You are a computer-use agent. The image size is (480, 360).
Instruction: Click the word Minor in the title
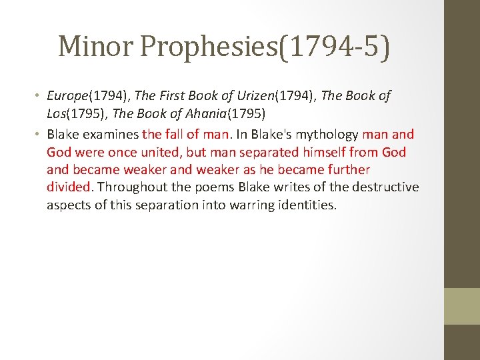97,47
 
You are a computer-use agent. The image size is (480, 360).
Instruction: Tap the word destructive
382,187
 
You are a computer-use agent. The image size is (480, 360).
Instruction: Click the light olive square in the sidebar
462,306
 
